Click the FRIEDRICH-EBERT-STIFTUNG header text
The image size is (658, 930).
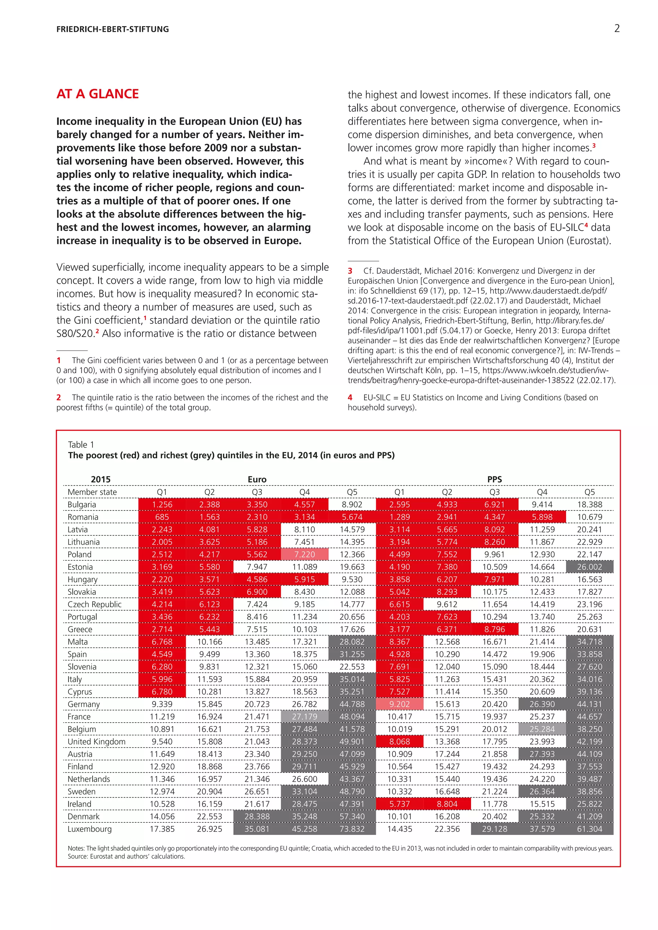(x=113, y=29)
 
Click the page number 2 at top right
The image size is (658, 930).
(x=617, y=28)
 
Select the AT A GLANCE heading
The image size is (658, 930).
(x=98, y=94)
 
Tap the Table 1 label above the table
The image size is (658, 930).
(x=81, y=444)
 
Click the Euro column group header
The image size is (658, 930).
(x=257, y=479)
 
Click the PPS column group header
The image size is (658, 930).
(x=494, y=479)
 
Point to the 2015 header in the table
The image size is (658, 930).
(x=101, y=479)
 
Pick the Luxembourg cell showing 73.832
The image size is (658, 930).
(x=352, y=829)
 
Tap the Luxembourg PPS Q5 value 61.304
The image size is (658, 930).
(x=590, y=829)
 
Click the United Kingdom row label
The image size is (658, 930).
(x=96, y=741)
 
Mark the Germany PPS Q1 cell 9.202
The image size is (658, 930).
(x=399, y=704)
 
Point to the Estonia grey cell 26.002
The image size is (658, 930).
(x=590, y=567)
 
